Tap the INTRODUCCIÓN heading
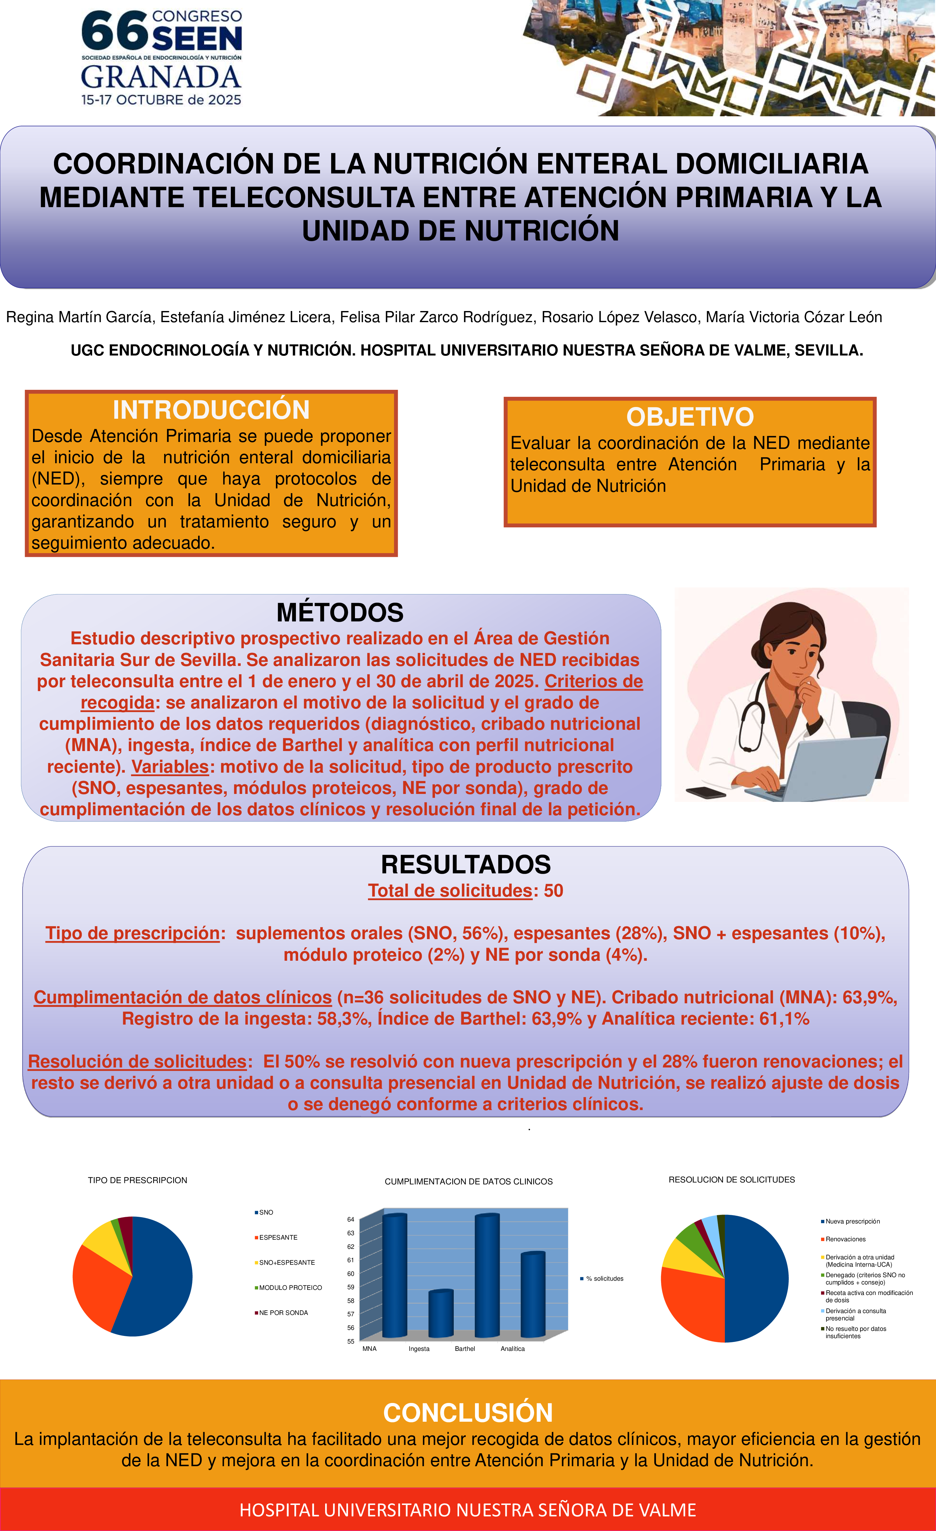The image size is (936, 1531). point(211,410)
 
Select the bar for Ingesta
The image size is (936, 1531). point(441,1314)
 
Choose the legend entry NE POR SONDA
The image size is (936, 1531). point(283,1312)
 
